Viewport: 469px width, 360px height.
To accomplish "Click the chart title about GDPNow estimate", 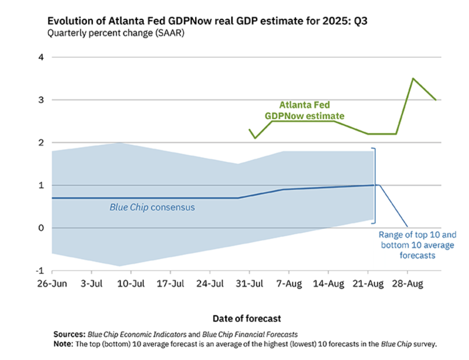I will coord(207,21).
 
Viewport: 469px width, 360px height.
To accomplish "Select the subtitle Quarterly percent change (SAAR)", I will coord(116,33).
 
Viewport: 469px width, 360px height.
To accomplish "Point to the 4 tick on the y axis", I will coord(41,57).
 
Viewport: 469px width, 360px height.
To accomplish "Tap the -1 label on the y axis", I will coord(40,271).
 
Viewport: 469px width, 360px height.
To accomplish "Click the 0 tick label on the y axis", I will coord(41,228).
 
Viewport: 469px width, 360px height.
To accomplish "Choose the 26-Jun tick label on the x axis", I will coord(52,284).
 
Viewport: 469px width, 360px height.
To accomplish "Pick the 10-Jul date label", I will coord(131,284).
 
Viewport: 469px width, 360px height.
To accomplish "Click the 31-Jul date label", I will coord(249,284).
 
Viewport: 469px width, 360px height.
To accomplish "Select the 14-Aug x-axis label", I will coord(328,284).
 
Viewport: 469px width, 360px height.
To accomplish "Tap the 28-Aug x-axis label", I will coord(407,284).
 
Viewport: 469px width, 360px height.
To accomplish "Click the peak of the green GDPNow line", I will coord(413,78).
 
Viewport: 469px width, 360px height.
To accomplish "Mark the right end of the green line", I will coord(436,100).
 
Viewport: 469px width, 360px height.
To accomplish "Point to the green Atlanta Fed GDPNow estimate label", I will coord(304,110).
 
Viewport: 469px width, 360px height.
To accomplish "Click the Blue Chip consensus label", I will coord(152,207).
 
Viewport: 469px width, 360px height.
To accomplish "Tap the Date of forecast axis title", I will coord(247,318).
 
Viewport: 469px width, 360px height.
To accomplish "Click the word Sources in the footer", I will coord(69,334).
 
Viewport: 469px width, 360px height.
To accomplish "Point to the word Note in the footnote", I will coord(63,344).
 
